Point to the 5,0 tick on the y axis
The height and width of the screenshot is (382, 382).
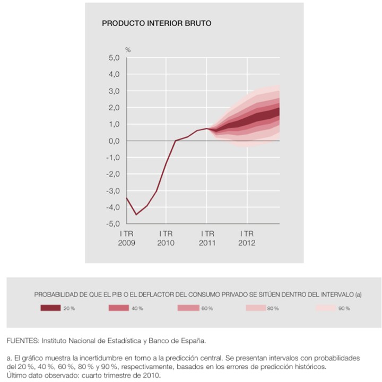(x=114, y=58)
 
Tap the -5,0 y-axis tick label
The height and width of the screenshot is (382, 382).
(x=113, y=223)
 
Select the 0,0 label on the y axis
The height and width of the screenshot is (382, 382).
(x=114, y=141)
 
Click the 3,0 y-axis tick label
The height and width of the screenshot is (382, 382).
(x=114, y=91)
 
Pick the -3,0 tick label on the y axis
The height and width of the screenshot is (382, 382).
(x=113, y=190)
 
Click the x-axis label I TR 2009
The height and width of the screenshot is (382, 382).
(x=126, y=238)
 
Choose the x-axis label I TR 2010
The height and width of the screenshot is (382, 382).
(x=166, y=238)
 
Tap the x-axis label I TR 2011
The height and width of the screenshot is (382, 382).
(x=207, y=238)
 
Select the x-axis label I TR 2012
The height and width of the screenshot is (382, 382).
(x=247, y=238)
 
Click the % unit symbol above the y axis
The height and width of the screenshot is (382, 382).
(x=128, y=50)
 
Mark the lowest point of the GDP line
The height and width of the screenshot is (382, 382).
(x=136, y=214)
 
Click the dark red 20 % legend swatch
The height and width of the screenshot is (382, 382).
(x=50, y=308)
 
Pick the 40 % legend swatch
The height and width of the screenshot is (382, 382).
(x=119, y=308)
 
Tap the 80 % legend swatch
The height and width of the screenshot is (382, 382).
(x=256, y=308)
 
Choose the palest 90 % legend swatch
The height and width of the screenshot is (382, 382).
(x=326, y=308)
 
